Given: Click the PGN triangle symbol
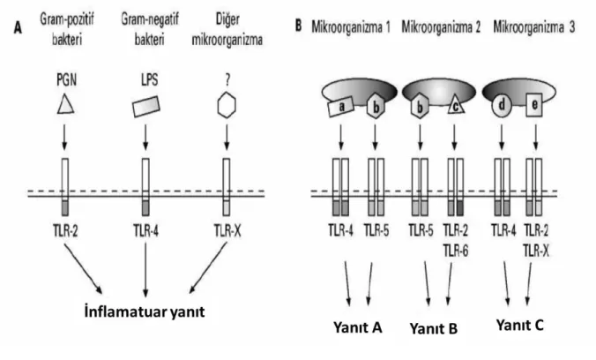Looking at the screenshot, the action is (66, 104).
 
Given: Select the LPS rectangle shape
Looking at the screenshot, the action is (146, 107).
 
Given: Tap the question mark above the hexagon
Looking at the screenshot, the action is (227, 80).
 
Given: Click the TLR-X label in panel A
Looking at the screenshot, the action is (227, 230).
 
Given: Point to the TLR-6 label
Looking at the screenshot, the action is (456, 251).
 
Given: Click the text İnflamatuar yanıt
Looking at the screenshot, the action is (145, 311).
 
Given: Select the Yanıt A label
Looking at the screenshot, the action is (358, 327).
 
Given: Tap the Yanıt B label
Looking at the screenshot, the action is (433, 328).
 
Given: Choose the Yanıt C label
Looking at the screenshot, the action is (520, 326).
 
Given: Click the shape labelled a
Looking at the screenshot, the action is (341, 106).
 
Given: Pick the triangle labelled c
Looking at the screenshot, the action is (456, 105).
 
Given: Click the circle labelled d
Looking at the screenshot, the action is (502, 105).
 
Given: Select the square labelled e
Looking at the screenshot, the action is (534, 105).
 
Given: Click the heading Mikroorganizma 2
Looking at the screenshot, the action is (441, 27).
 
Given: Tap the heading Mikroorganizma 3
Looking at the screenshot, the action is (534, 27).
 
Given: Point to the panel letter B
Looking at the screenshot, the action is (299, 26).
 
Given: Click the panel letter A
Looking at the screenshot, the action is (18, 27).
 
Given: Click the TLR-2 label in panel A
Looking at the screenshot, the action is (66, 230).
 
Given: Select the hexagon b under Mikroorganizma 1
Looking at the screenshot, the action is (376, 107).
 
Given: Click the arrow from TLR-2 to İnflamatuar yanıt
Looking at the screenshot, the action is (83, 268).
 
